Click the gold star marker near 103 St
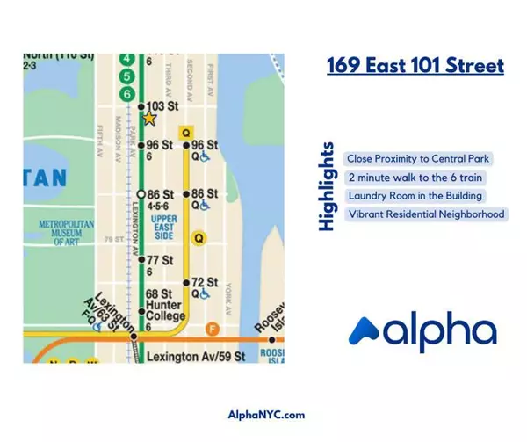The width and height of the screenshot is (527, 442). click(x=149, y=118)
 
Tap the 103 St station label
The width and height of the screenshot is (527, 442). click(x=162, y=106)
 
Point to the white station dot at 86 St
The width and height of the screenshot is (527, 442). click(x=141, y=193)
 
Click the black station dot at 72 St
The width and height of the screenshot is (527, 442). click(x=185, y=282)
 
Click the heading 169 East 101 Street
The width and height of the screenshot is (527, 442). click(x=415, y=65)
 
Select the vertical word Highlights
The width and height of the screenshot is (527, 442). click(x=328, y=186)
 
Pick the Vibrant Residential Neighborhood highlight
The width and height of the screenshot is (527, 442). click(x=426, y=214)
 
